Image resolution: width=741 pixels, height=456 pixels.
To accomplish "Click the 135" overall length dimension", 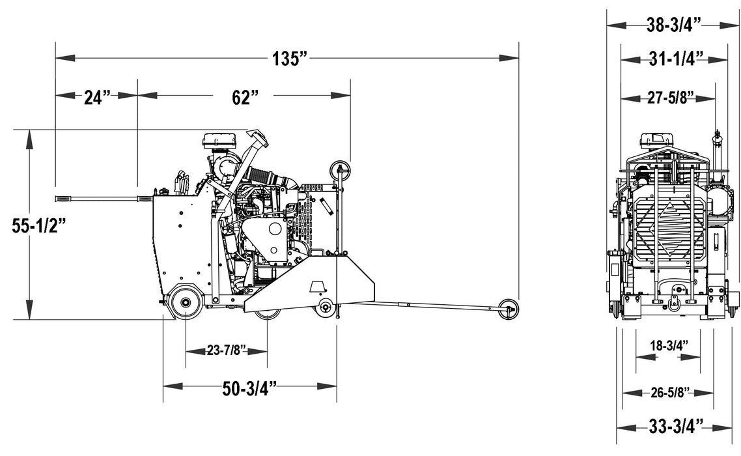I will tap(289, 59).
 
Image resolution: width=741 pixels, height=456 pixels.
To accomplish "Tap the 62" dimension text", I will tap(245, 97).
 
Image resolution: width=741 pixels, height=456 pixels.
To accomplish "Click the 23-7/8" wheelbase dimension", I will tap(227, 351).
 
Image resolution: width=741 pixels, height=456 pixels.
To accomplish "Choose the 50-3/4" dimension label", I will tap(250, 389).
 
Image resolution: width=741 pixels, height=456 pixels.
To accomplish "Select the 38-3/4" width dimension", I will tap(673, 25).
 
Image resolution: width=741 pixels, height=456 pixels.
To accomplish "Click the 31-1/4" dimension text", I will tap(673, 59).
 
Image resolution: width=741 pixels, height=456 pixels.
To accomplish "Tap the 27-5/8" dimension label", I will tap(669, 98).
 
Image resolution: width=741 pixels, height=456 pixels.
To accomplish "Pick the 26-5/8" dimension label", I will tap(669, 392).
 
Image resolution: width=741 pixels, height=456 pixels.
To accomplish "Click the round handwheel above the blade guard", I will tap(340, 170).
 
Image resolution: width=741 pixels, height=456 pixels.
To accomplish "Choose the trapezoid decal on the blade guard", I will tap(318, 287).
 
